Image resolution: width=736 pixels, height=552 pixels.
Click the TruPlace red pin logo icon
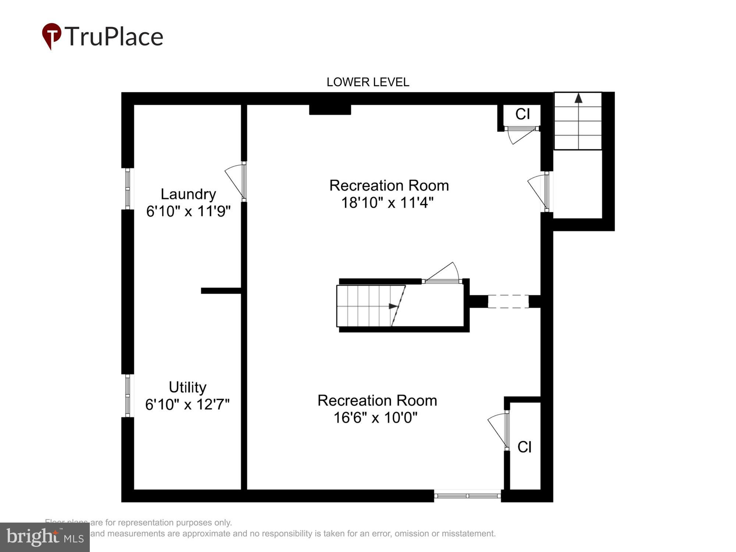click(52, 36)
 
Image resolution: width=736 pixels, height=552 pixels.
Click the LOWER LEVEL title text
click(368, 82)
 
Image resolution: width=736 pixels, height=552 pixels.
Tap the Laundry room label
click(188, 194)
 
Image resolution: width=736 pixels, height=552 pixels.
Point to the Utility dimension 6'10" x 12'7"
click(187, 404)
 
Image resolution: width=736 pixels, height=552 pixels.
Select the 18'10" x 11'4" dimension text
click(388, 203)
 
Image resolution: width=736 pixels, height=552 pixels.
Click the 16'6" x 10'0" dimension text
click(375, 418)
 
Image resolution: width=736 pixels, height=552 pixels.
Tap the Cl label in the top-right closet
click(523, 114)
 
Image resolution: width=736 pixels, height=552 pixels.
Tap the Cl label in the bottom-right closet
click(524, 447)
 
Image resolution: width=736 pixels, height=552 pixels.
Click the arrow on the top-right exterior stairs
click(578, 98)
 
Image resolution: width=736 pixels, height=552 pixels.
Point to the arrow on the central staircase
click(393, 306)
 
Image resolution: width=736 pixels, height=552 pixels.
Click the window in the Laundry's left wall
click(128, 189)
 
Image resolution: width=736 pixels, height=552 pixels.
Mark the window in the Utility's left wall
click(128, 396)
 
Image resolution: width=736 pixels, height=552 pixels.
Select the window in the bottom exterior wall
click(467, 496)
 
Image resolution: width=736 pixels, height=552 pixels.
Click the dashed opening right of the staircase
click(508, 301)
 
